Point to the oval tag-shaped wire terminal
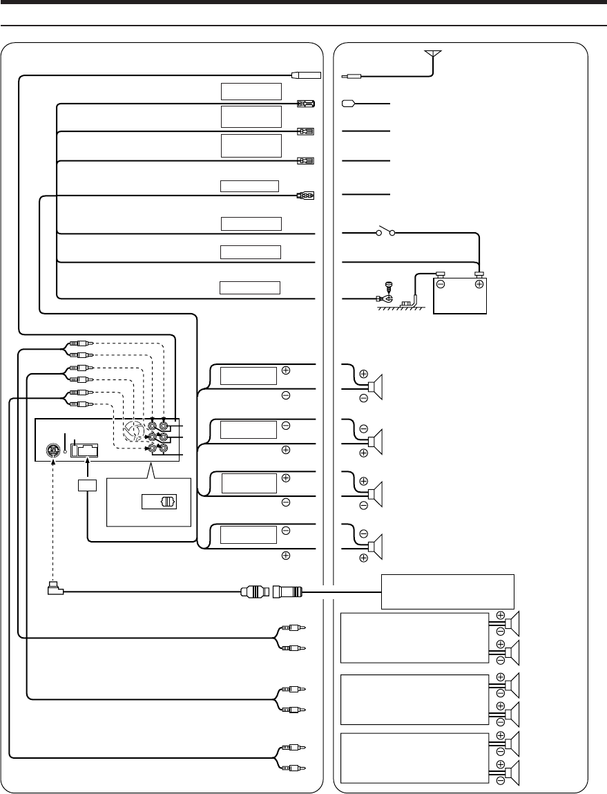pos(349,104)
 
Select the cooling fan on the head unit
pos(136,433)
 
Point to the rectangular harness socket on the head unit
pos(84,451)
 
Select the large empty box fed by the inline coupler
pos(448,591)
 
